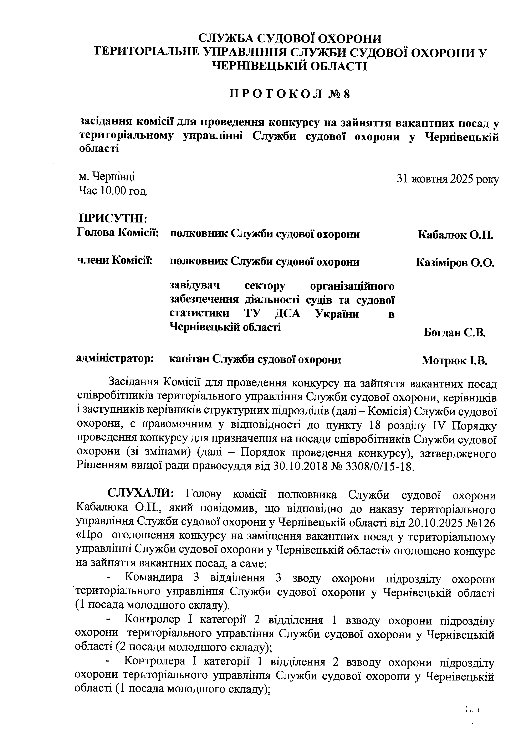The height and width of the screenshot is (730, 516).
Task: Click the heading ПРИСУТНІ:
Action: (113, 219)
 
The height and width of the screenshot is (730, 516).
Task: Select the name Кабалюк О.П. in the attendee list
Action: (455, 235)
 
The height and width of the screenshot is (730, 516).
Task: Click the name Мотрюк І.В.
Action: (455, 360)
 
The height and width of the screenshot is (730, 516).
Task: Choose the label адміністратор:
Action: (115, 358)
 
